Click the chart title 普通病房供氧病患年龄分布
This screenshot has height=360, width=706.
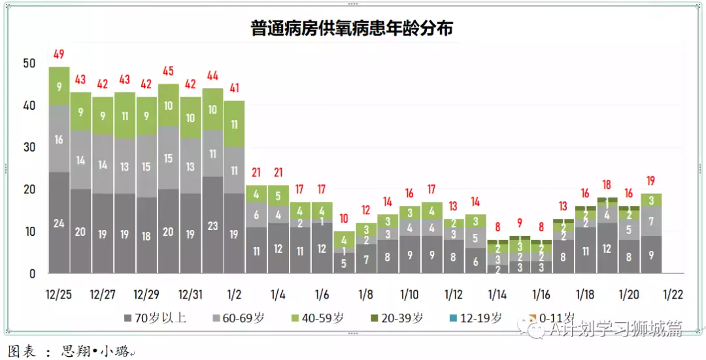point(352,29)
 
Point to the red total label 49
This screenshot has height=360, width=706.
point(59,54)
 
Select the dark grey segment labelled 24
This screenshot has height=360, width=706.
point(59,223)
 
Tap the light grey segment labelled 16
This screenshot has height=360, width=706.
point(59,139)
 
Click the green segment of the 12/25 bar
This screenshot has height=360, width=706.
point(59,86)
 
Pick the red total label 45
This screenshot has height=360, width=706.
point(168,71)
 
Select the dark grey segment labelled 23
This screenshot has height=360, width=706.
point(212,225)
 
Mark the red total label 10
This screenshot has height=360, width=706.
point(343,218)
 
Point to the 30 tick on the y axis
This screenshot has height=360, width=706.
point(29,147)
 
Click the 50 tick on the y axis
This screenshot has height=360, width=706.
point(29,63)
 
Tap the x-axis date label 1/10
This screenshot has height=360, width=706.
point(409,294)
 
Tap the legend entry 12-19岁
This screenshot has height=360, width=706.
point(478,318)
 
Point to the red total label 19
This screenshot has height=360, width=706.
point(650,181)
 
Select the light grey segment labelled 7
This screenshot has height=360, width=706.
point(650,221)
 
